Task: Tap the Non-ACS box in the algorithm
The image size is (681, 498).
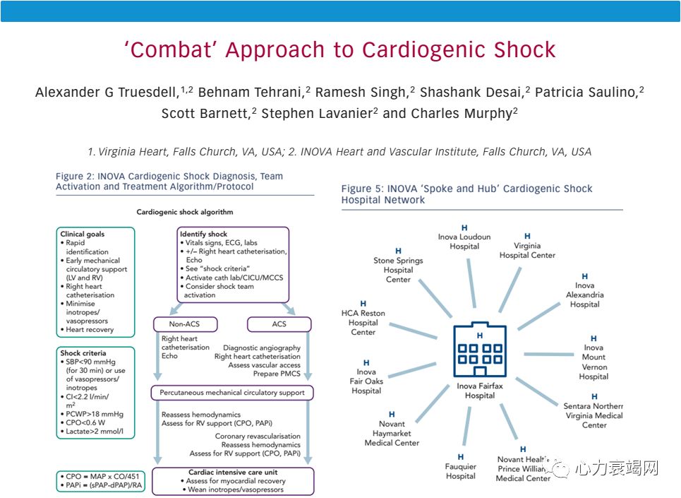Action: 186,324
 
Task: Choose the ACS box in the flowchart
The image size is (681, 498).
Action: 279,324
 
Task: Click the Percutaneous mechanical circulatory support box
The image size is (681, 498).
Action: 231,392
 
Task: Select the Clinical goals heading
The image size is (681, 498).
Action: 83,234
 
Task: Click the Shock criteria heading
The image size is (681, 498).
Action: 83,353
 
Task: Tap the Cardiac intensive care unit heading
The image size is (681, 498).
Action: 231,472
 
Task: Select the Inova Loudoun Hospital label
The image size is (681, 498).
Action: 464,242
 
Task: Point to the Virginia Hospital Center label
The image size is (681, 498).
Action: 527,250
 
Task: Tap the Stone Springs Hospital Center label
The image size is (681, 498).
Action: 398,270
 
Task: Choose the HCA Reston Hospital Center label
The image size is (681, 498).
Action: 363,322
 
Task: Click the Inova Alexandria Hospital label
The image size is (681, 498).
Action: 584,295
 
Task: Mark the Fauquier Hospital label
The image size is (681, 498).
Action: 461,471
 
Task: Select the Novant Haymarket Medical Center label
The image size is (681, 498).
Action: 392,433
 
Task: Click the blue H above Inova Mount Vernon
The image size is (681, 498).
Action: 593,339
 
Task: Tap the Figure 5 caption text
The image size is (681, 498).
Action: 466,194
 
